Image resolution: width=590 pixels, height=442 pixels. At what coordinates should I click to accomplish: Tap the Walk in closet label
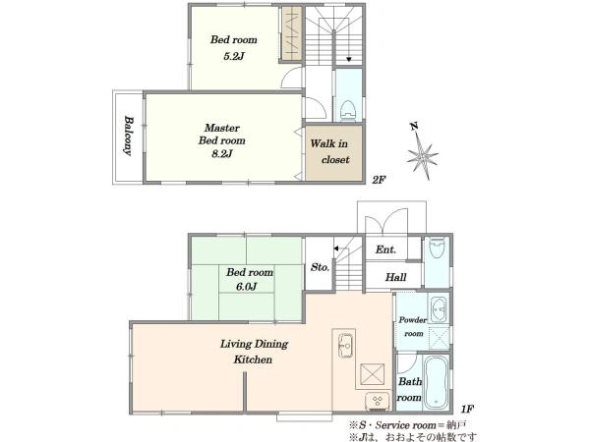click(329, 151)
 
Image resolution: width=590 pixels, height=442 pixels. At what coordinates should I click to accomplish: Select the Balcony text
click(128, 136)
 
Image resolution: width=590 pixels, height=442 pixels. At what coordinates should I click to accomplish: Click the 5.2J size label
click(234, 56)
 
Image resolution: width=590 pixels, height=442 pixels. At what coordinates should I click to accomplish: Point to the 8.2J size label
click(221, 154)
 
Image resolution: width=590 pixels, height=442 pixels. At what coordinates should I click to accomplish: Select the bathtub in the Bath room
click(436, 382)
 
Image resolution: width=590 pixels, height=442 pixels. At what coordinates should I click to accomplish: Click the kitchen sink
click(345, 345)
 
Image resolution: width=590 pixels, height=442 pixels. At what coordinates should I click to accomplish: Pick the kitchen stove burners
click(377, 400)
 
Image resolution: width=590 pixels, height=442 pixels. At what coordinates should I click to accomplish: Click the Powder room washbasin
click(438, 310)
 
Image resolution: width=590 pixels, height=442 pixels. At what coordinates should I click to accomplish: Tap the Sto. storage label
click(320, 267)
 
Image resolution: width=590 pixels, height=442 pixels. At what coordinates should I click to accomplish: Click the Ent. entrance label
click(385, 249)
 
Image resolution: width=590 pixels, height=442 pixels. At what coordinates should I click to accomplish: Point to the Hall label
click(396, 277)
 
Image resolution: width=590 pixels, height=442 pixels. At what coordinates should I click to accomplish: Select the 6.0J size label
click(247, 287)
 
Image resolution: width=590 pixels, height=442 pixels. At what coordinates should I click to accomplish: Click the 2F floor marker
click(379, 180)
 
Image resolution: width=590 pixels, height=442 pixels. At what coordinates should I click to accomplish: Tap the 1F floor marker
click(466, 409)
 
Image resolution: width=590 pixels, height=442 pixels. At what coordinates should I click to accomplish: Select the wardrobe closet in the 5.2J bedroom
click(292, 33)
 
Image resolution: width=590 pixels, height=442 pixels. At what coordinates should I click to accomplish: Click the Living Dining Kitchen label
click(254, 352)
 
